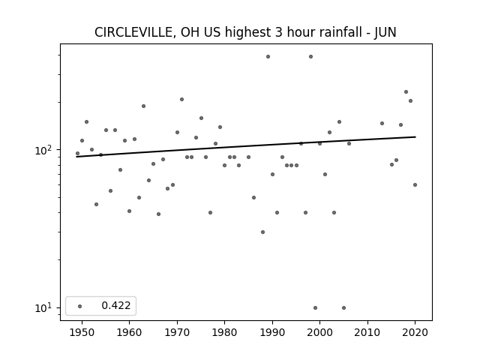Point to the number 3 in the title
(x=278, y=32)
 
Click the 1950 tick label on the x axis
(x=82, y=332)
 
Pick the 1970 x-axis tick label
(x=177, y=332)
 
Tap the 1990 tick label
(x=272, y=332)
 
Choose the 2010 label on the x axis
(x=367, y=332)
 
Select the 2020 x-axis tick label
(x=415, y=332)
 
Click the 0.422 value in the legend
(x=116, y=305)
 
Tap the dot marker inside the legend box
(x=80, y=306)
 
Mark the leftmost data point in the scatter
(x=77, y=153)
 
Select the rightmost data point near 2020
(x=415, y=185)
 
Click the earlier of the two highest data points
(x=268, y=57)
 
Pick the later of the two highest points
(x=310, y=57)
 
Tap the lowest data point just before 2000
(x=315, y=308)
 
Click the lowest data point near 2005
(x=343, y=308)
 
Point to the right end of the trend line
(x=415, y=136)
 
